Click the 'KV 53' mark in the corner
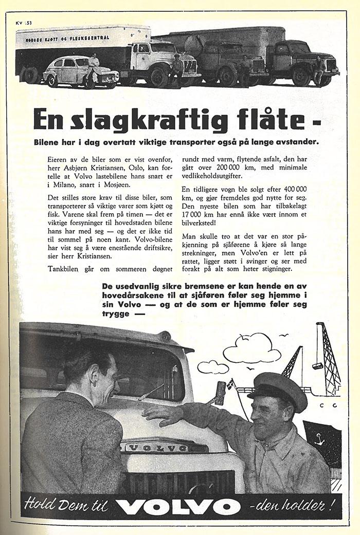(x=24, y=23)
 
